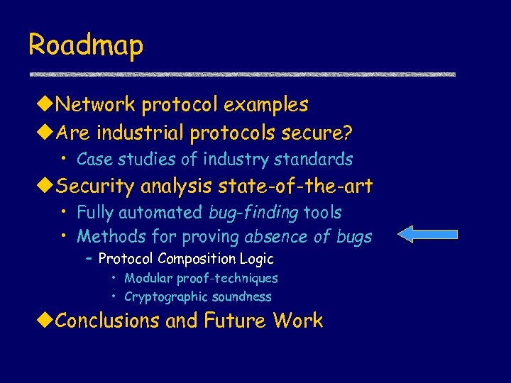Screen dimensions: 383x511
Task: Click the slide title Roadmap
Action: [x=86, y=45]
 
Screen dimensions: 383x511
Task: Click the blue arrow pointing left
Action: [x=427, y=235]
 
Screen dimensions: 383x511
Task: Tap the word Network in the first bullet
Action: [x=96, y=105]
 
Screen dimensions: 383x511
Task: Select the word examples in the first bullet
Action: [x=266, y=105]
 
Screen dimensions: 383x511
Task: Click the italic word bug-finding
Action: [x=254, y=213]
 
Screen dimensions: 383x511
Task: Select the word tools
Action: [x=323, y=212]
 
